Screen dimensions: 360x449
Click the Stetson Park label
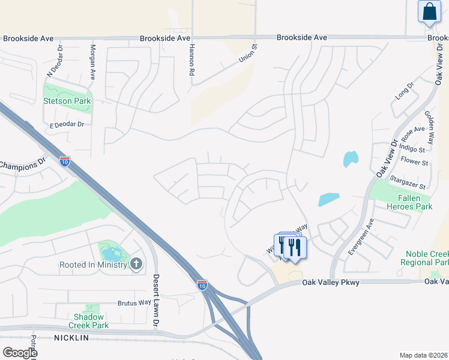point(67,101)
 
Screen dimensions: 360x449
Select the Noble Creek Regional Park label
point(427,259)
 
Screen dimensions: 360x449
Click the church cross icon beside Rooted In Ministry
point(137,264)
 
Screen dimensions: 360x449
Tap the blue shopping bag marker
point(429,11)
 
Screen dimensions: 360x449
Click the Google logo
point(19,352)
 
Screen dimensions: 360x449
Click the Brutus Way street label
point(134,303)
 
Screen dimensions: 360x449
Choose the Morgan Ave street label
point(92,62)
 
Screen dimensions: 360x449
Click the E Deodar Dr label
point(66,124)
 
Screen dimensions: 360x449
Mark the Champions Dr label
point(23,163)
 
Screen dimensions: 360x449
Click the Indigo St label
point(412,149)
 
